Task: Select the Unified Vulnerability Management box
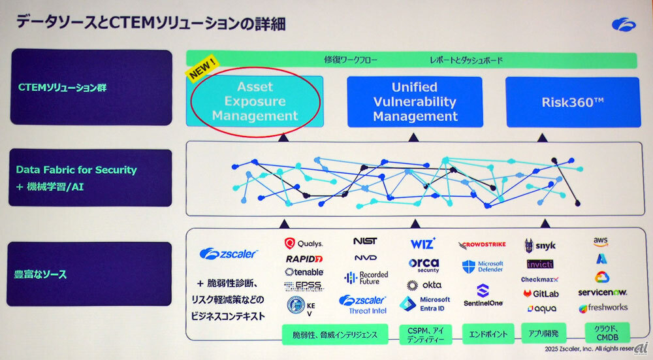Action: click(x=415, y=102)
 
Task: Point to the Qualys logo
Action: click(x=304, y=244)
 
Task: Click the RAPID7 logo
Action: click(x=304, y=259)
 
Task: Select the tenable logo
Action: click(x=304, y=272)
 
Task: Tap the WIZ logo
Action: click(x=422, y=244)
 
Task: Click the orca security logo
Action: click(x=424, y=265)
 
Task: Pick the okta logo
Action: click(x=424, y=285)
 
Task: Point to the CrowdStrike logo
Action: click(x=484, y=245)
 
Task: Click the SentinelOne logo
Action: click(x=483, y=296)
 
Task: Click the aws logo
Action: click(x=601, y=241)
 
